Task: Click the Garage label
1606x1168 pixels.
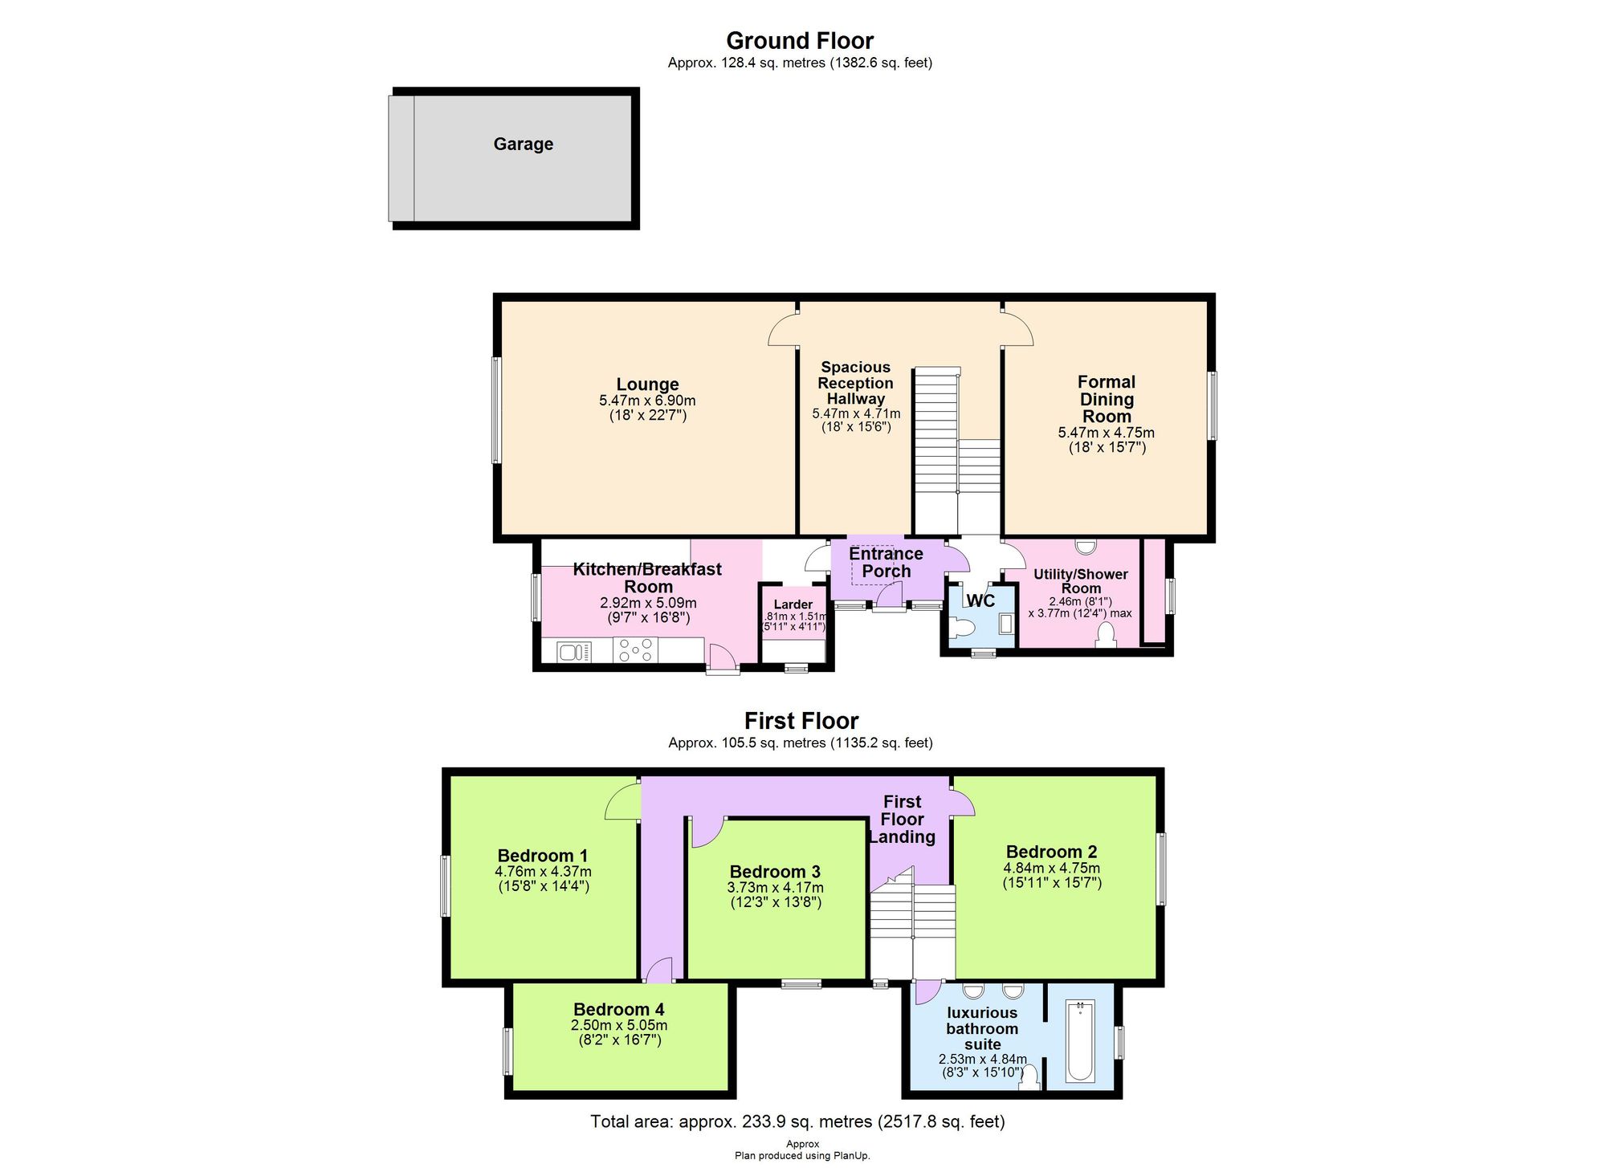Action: coord(523,144)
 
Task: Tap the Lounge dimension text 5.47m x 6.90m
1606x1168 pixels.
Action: coord(647,401)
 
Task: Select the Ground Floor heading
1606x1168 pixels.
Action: coord(800,41)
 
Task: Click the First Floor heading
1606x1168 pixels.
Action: coord(801,721)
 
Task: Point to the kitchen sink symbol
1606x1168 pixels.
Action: coord(573,651)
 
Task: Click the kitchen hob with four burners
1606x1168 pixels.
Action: coord(635,650)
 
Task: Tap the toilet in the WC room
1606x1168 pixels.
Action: coord(960,628)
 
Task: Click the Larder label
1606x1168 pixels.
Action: coord(793,604)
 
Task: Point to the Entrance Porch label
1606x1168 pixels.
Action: coord(886,563)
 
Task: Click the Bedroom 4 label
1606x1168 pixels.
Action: coord(618,1009)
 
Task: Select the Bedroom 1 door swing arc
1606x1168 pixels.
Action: coord(622,802)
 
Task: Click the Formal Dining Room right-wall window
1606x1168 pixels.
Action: coord(1212,405)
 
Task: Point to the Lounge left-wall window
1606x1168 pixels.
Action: coord(496,410)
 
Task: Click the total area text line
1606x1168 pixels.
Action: coord(797,1121)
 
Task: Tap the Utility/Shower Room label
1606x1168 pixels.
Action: coord(1080,581)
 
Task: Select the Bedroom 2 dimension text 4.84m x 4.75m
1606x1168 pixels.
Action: coord(1051,868)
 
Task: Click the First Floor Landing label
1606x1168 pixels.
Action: coord(902,819)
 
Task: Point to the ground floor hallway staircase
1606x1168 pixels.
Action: coord(938,450)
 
